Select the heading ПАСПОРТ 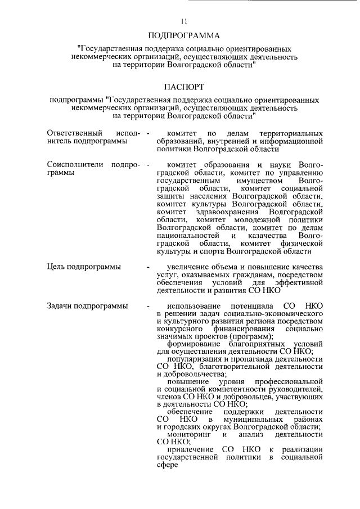click(x=183, y=87)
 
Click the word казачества click(x=269, y=236)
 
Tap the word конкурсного click(x=179, y=329)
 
